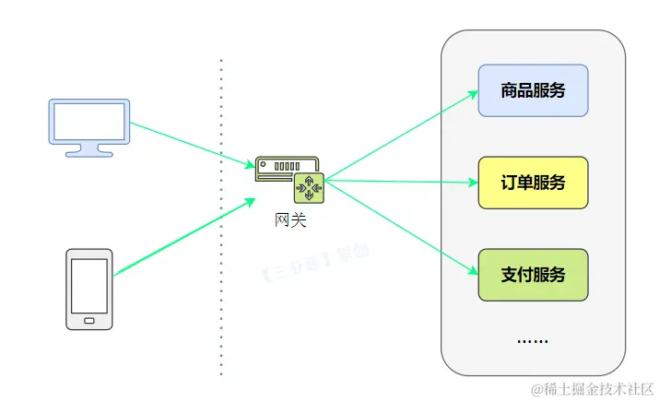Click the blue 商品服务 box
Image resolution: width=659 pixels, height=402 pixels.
click(x=533, y=90)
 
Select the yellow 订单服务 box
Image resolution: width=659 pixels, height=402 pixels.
click(x=533, y=183)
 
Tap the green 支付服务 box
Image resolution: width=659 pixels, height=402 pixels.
click(x=533, y=275)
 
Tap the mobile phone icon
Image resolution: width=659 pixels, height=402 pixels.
click(x=89, y=289)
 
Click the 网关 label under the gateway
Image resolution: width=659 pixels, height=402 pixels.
click(x=290, y=219)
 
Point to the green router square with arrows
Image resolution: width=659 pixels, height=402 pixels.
click(x=309, y=189)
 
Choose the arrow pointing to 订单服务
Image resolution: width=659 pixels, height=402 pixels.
click(x=401, y=181)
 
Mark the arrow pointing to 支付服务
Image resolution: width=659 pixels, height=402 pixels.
click(x=401, y=227)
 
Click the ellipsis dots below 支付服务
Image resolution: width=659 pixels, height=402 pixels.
click(x=533, y=340)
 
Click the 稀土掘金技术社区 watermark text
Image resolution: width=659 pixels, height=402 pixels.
click(x=590, y=387)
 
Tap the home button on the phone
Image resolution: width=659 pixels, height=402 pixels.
click(x=89, y=321)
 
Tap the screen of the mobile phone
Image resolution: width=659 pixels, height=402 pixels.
click(x=89, y=284)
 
